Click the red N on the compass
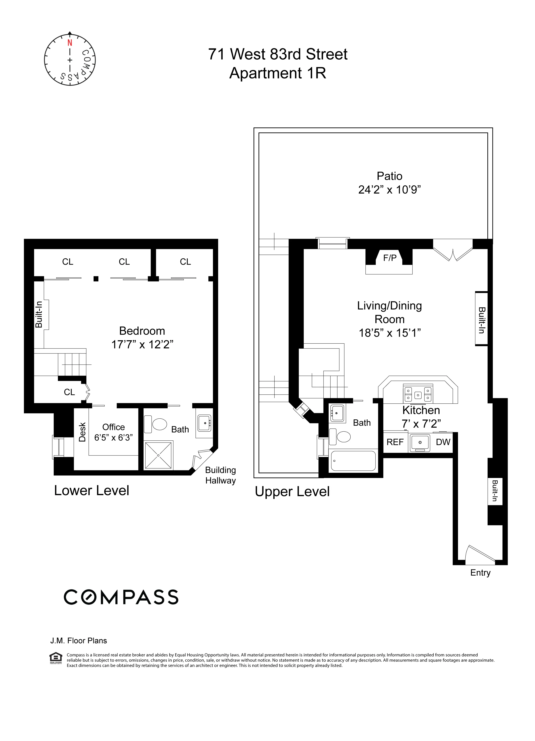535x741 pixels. point(70,43)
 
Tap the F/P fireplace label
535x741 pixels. point(390,258)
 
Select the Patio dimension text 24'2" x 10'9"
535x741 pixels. point(389,190)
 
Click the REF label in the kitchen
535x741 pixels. point(395,442)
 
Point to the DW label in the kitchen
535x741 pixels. point(443,442)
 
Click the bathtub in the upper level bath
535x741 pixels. point(353,461)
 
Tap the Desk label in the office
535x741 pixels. point(82,432)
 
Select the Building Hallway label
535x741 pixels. point(221,475)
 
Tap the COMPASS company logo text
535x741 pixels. point(121,597)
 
